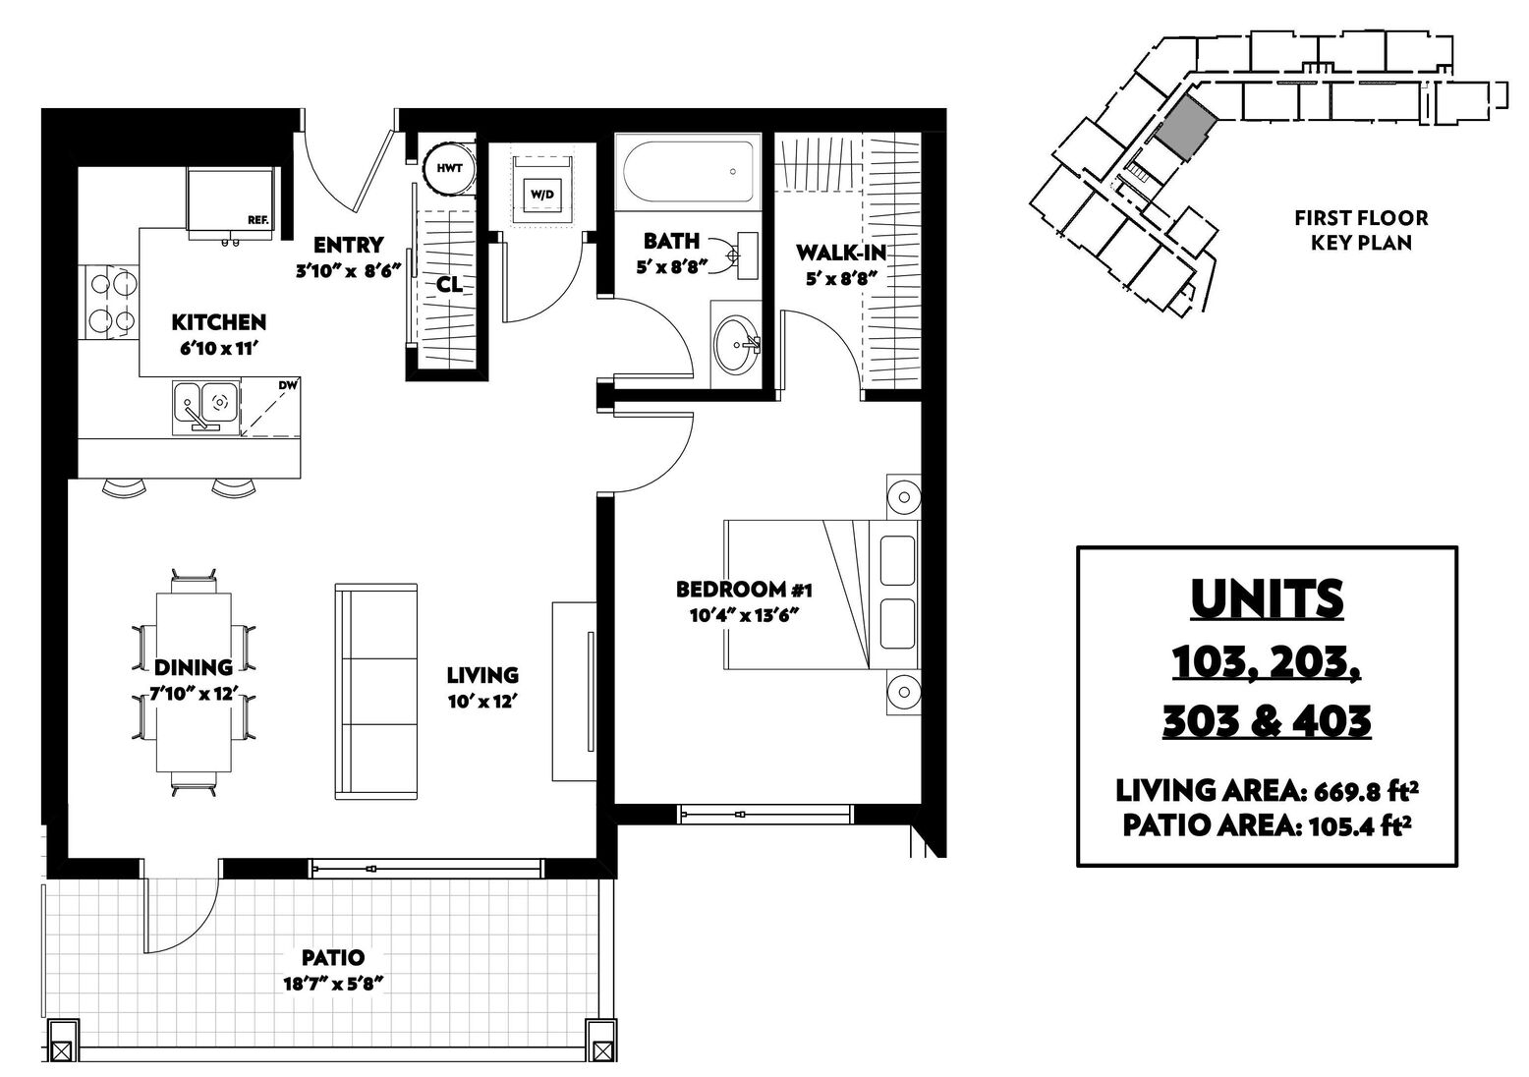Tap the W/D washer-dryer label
tap(542, 195)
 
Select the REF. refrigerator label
tap(258, 220)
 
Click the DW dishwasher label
tap(288, 385)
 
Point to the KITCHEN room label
tap(218, 322)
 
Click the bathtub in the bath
tap(688, 171)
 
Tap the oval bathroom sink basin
tap(736, 343)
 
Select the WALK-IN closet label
tap(841, 254)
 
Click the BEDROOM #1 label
tap(744, 589)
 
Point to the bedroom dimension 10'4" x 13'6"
tap(744, 615)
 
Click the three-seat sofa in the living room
tap(376, 692)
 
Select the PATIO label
tap(333, 957)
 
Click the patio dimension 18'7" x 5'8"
tap(333, 985)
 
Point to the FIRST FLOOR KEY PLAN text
tap(1361, 230)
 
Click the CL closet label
tap(449, 284)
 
